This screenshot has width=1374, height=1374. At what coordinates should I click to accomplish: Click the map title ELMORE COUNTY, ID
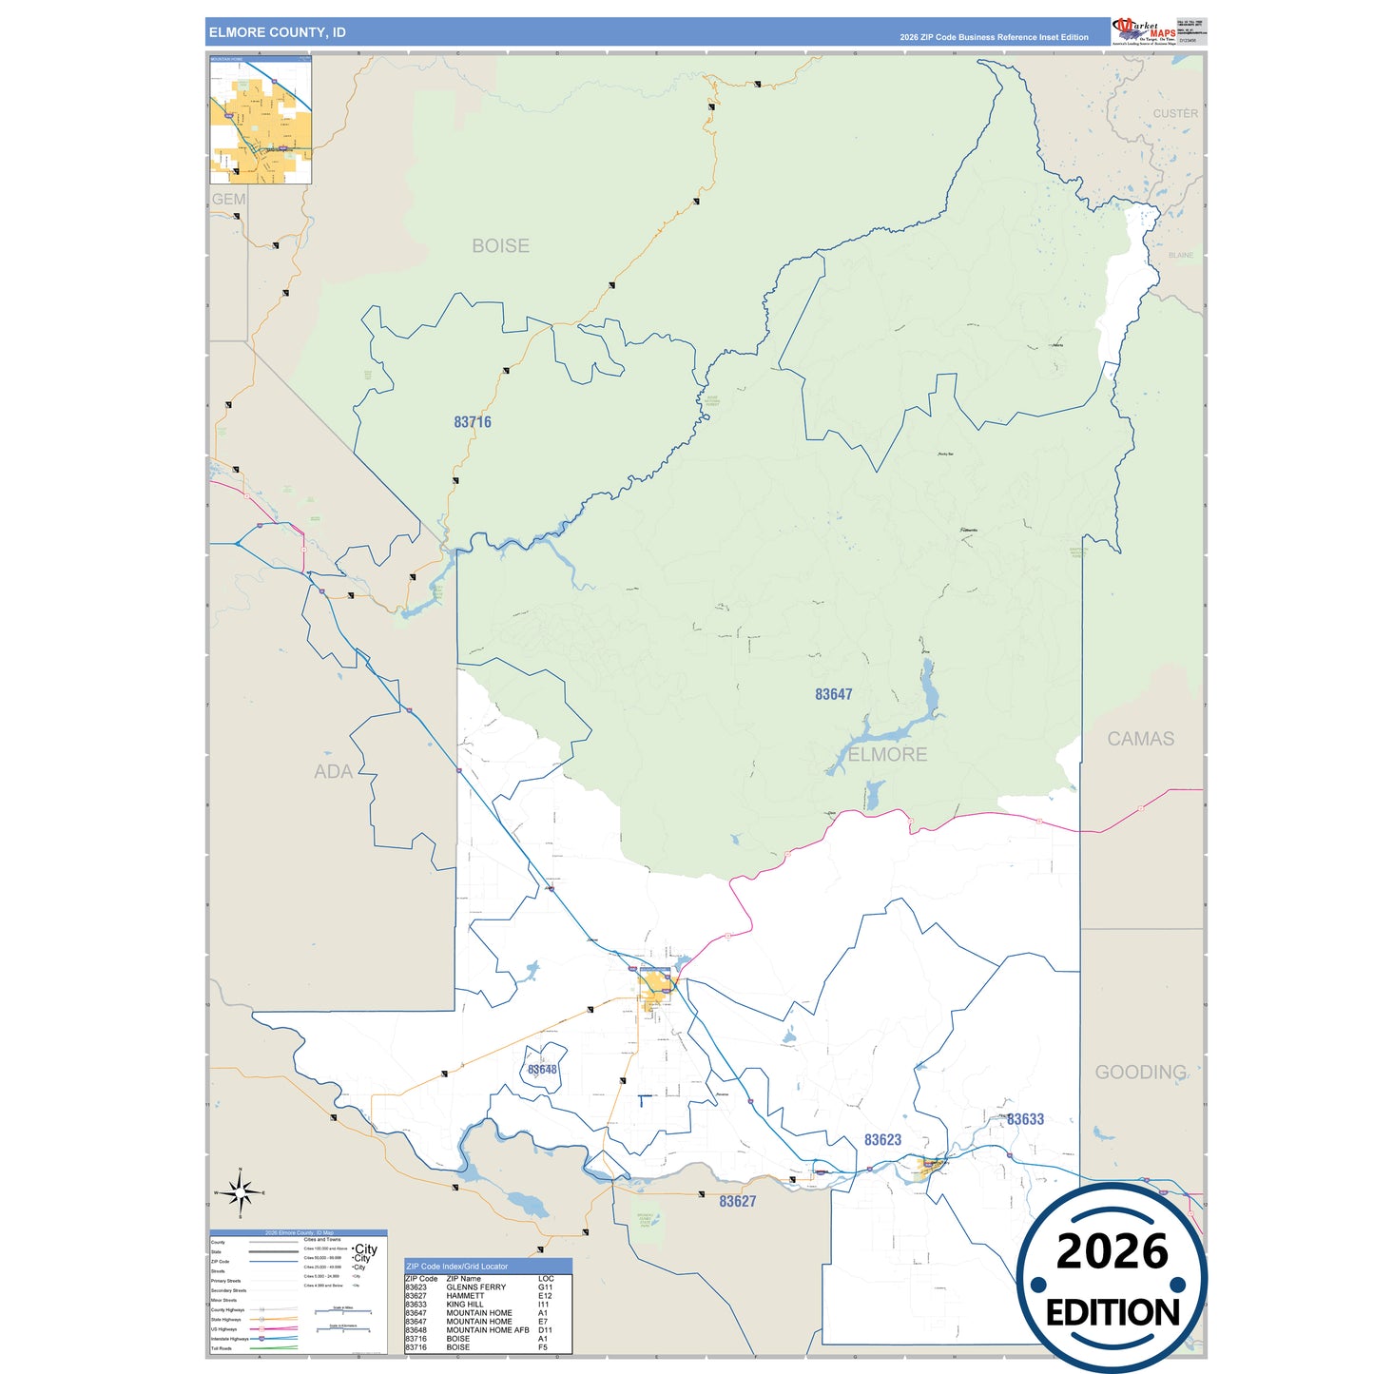pyautogui.click(x=278, y=32)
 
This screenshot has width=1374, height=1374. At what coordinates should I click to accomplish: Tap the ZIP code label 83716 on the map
pyautogui.click(x=473, y=422)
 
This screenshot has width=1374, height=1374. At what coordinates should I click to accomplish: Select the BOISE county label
pyautogui.click(x=501, y=245)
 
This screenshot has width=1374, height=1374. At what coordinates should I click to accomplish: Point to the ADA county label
pyautogui.click(x=333, y=771)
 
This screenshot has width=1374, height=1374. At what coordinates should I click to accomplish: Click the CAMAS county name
pyautogui.click(x=1140, y=739)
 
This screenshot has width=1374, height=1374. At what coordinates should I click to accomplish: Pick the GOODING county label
pyautogui.click(x=1140, y=1073)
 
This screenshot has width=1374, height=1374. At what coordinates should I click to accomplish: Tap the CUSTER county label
pyautogui.click(x=1175, y=113)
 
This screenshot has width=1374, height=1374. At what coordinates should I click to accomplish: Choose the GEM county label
pyautogui.click(x=228, y=199)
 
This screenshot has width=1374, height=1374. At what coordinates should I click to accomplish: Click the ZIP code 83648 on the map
pyautogui.click(x=543, y=1070)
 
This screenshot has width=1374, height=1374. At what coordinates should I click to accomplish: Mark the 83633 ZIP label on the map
pyautogui.click(x=1025, y=1119)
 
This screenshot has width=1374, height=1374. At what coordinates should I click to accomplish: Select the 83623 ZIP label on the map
pyautogui.click(x=882, y=1140)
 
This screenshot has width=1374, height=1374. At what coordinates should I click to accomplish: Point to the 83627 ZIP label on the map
pyautogui.click(x=738, y=1202)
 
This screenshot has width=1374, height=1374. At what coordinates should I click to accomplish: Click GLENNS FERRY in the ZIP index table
pyautogui.click(x=476, y=1287)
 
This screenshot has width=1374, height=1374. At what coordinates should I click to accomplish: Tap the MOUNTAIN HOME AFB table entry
pyautogui.click(x=488, y=1330)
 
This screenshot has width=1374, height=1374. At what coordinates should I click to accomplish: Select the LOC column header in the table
pyautogui.click(x=546, y=1279)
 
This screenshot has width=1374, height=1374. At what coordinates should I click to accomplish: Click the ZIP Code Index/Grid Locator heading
pyautogui.click(x=457, y=1267)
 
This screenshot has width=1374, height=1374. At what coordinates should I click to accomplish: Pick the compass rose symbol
pyautogui.click(x=241, y=1191)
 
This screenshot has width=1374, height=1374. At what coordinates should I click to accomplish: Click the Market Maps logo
pyautogui.click(x=1144, y=31)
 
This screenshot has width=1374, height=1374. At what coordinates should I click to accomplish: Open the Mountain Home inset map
pyautogui.click(x=261, y=120)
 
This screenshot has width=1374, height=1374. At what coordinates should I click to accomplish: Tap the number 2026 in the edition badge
pyautogui.click(x=1112, y=1251)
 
